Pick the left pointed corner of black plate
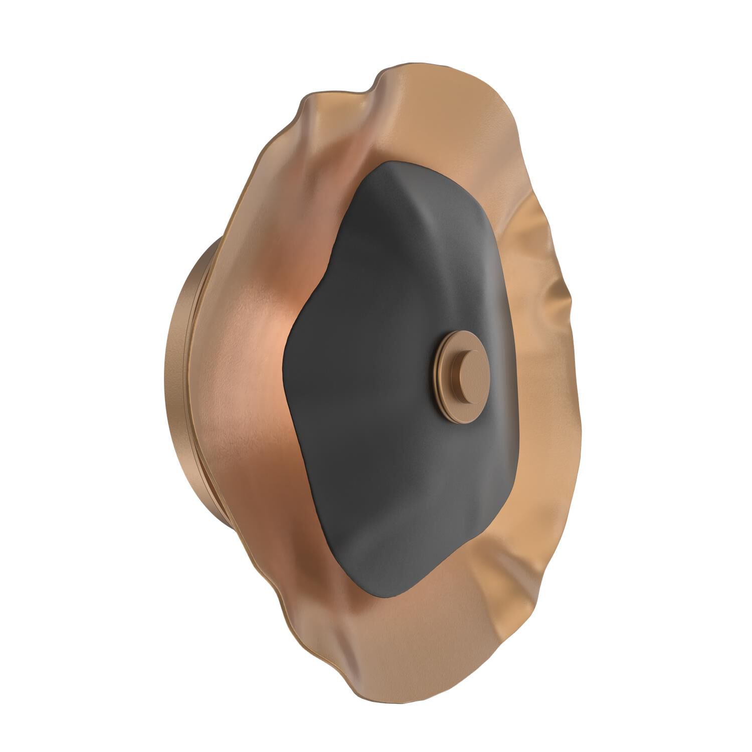coord(285,351)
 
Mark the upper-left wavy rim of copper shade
coord(311,100)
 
